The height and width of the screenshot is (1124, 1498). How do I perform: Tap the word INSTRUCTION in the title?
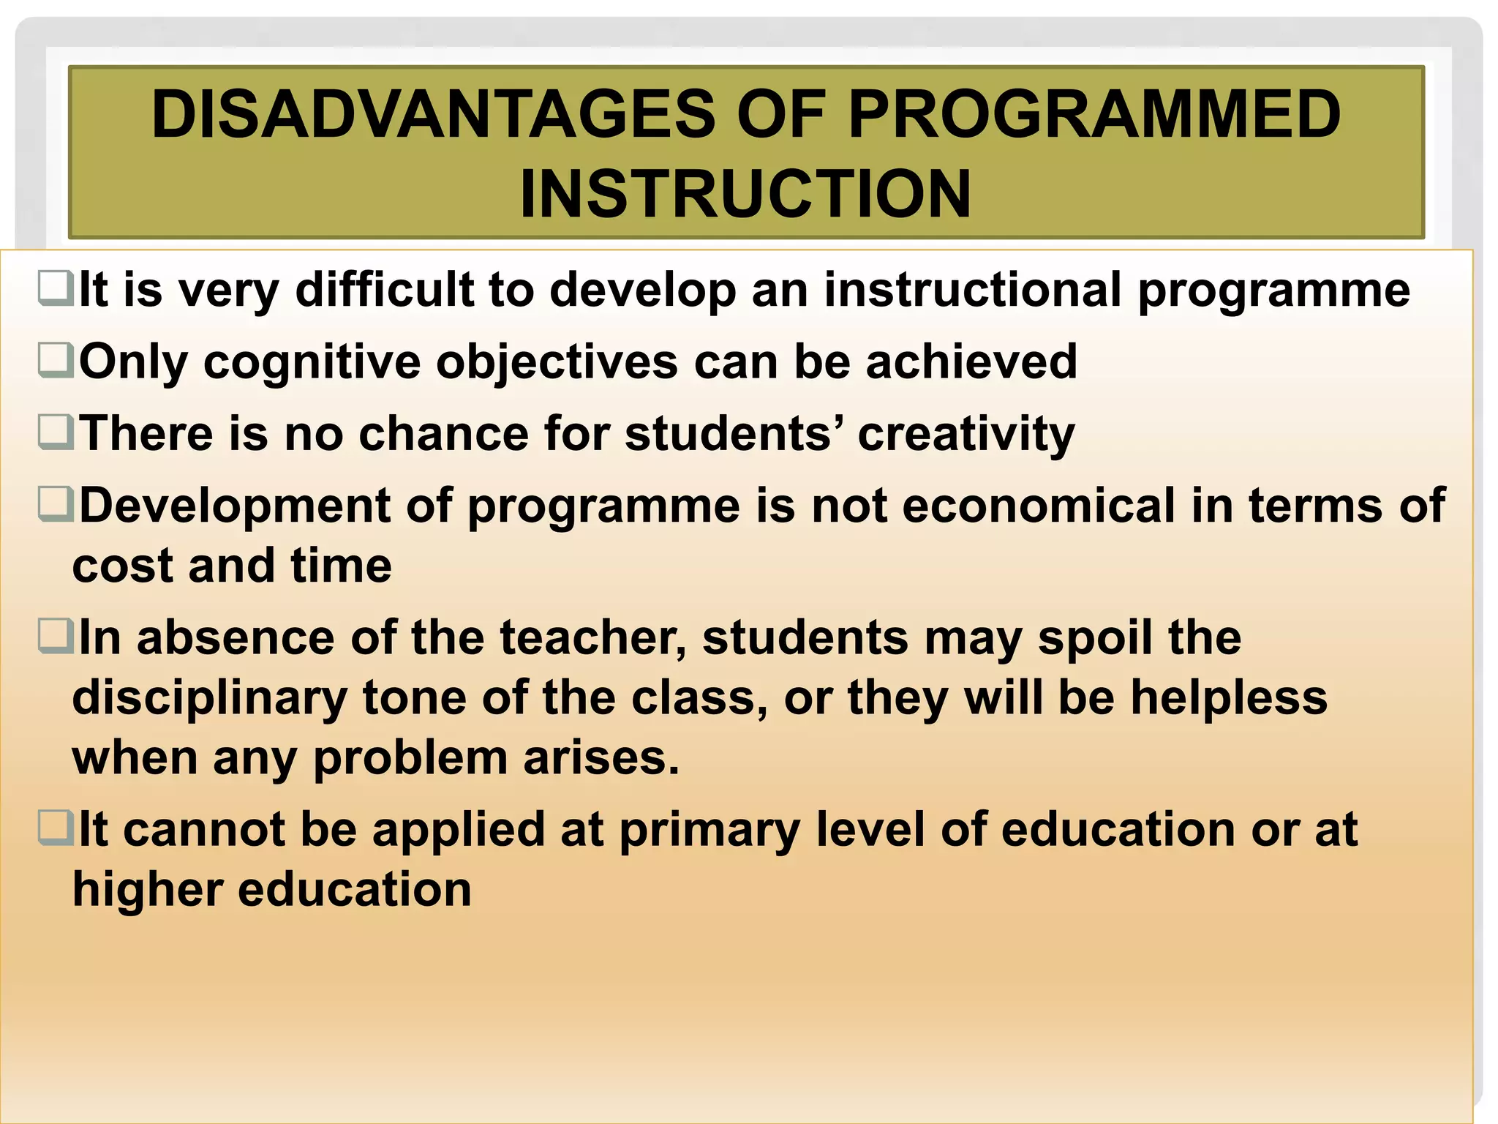coord(745,194)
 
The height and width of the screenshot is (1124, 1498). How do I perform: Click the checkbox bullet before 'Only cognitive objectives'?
coord(56,360)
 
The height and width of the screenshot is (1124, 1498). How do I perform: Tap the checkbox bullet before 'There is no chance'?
coord(56,432)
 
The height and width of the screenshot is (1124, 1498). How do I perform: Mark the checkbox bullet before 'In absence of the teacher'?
coord(56,636)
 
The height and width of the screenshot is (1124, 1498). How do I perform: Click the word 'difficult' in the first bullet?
coord(385,289)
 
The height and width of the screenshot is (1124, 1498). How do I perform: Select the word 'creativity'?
coord(966,434)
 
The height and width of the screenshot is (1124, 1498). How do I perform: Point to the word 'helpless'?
coord(1229,697)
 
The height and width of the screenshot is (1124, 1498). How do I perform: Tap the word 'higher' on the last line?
coord(147,891)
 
